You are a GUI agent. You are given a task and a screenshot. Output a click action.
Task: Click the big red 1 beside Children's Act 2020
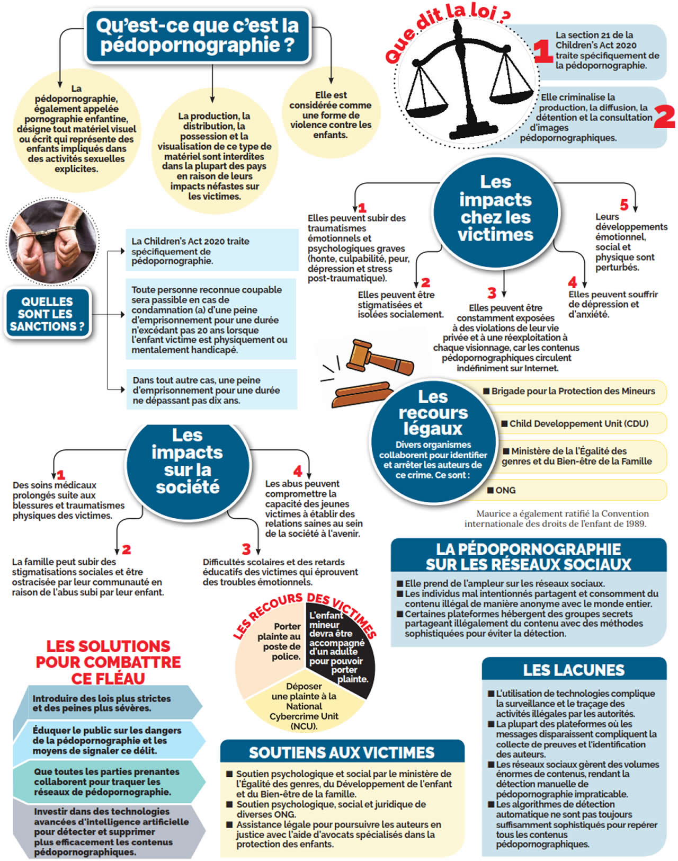(542, 52)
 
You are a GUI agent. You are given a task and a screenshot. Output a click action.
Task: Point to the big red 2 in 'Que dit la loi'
(664, 117)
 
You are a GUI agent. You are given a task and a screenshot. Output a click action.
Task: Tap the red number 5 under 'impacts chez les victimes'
(625, 205)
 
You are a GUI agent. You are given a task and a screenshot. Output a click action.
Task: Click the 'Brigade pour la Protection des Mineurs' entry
(572, 392)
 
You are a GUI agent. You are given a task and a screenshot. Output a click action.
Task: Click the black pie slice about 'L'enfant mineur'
(339, 646)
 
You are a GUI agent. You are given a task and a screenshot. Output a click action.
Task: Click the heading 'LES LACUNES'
(574, 670)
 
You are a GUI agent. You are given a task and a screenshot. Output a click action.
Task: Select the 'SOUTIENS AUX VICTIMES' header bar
(342, 752)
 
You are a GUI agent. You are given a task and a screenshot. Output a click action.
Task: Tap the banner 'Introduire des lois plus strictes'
(106, 703)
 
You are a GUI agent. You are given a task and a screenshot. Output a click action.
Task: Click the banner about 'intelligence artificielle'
(106, 831)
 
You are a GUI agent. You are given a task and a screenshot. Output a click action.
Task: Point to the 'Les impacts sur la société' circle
(187, 461)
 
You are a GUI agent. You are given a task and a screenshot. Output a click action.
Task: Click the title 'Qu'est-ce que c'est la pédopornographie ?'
(197, 35)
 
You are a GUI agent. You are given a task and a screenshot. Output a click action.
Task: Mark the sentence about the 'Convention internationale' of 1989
(556, 519)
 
